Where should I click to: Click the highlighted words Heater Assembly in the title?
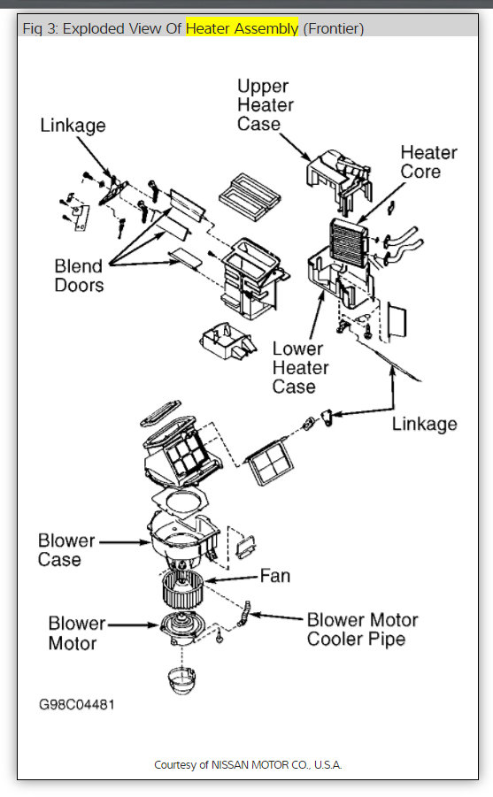coord(242,28)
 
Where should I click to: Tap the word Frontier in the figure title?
coord(333,28)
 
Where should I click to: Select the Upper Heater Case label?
coord(263,104)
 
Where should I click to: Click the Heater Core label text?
coord(428,161)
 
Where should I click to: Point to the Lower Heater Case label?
coord(300,367)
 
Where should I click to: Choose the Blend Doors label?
coord(79,275)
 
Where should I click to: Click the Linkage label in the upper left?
coord(73,126)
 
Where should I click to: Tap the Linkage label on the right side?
coord(424,424)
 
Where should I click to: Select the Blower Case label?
coord(65,549)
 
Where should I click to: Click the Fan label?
coord(274,576)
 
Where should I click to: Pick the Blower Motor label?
coord(77,633)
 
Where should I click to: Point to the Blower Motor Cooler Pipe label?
coord(362,628)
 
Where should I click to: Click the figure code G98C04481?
coord(76,705)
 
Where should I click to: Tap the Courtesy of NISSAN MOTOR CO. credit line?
coord(248,764)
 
